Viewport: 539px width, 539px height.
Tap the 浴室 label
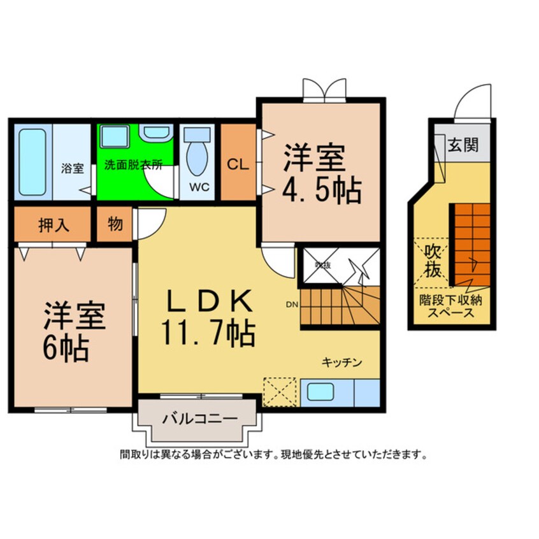(72, 168)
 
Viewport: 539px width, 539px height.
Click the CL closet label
(238, 163)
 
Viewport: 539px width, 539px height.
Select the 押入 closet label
(54, 226)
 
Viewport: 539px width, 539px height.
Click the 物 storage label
(115, 226)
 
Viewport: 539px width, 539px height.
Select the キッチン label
(341, 363)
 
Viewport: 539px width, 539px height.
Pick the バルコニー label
(199, 419)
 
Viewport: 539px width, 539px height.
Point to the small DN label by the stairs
(292, 305)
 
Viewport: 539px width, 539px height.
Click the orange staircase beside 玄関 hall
(471, 242)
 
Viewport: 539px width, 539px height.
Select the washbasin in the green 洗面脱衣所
(154, 133)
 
